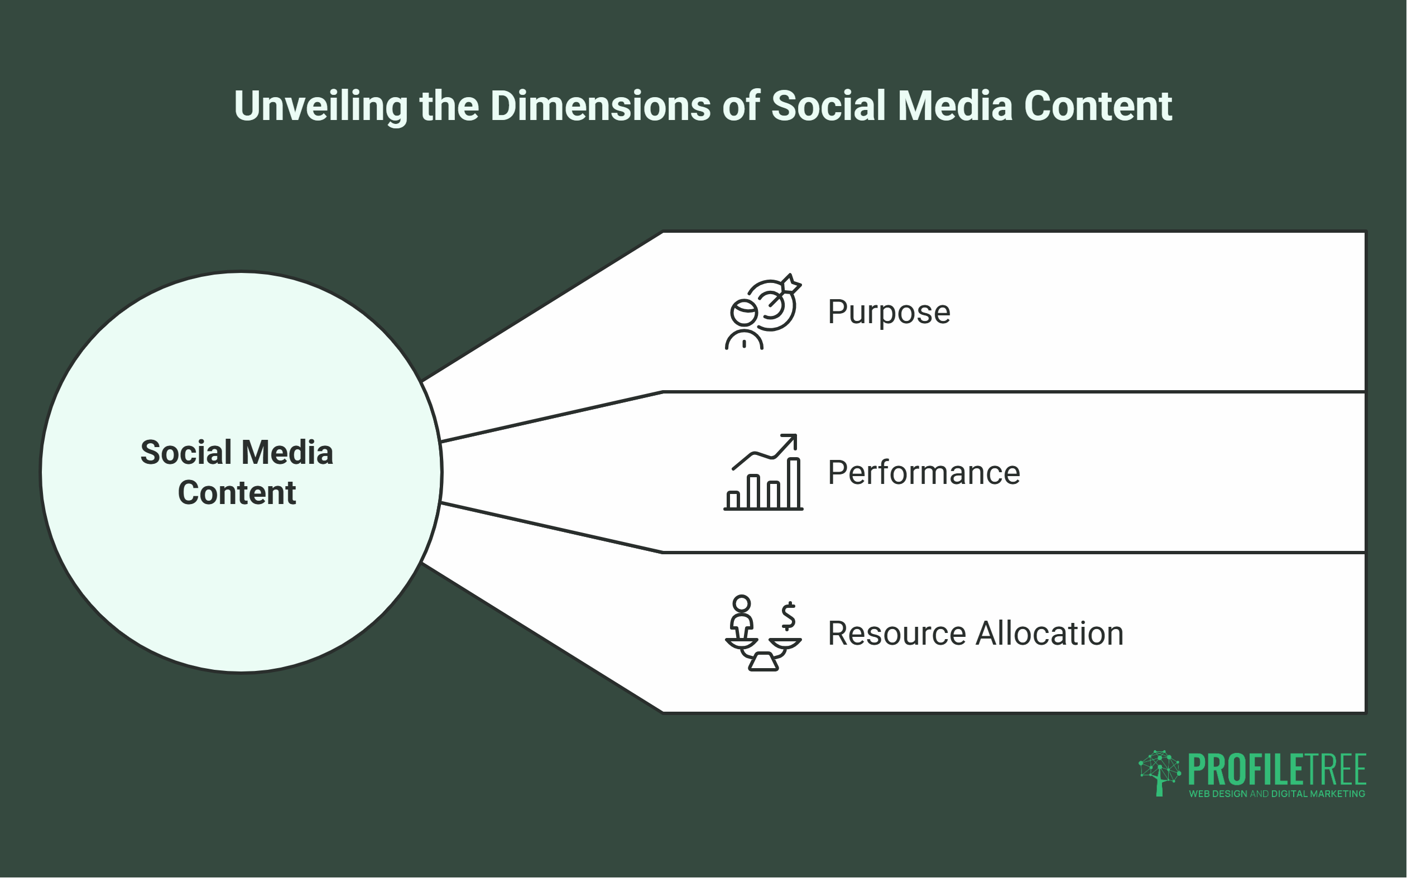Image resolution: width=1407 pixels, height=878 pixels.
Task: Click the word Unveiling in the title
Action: (x=320, y=106)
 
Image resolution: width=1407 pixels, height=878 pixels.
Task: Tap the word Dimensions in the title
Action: (x=600, y=106)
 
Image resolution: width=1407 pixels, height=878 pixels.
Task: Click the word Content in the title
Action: (x=1098, y=106)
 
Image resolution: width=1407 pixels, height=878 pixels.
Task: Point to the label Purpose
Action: (x=889, y=312)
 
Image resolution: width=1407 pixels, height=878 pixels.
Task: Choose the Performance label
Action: (x=924, y=473)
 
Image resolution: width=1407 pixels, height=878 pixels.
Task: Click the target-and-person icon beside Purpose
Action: (x=763, y=313)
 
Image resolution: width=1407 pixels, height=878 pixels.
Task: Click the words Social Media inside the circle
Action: (x=237, y=453)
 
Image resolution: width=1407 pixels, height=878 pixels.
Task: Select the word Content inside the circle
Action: (x=237, y=493)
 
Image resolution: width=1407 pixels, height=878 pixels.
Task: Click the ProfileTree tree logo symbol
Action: (x=1159, y=773)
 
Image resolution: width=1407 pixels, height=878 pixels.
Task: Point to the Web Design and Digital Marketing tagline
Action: (x=1277, y=794)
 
